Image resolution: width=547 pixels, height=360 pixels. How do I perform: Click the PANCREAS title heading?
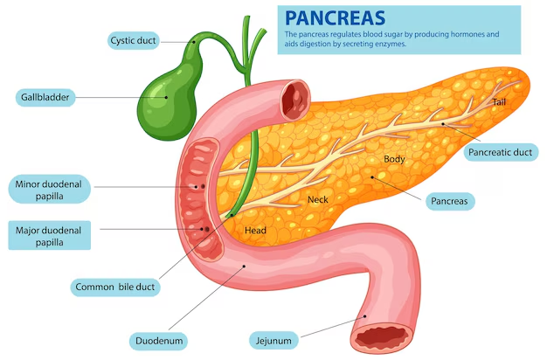click(x=335, y=17)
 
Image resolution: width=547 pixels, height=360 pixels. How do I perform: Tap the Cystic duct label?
click(x=134, y=40)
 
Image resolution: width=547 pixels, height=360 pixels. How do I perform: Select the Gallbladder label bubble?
click(x=45, y=97)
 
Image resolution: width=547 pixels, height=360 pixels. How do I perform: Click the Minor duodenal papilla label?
click(x=49, y=190)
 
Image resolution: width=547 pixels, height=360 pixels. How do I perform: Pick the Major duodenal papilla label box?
click(x=49, y=235)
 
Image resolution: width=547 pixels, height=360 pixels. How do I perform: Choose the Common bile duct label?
click(x=115, y=287)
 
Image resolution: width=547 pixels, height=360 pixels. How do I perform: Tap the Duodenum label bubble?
click(x=159, y=341)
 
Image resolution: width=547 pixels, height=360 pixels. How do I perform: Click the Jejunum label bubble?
click(x=273, y=341)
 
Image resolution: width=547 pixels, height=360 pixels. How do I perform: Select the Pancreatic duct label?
click(x=501, y=152)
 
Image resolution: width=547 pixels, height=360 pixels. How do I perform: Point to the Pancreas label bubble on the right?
click(x=449, y=201)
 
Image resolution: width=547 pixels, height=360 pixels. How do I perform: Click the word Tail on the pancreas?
click(x=499, y=102)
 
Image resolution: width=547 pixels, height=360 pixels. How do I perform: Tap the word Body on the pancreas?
click(x=394, y=159)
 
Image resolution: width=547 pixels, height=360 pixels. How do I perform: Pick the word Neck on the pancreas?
click(x=318, y=199)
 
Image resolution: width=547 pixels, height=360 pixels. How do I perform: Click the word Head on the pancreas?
click(x=255, y=230)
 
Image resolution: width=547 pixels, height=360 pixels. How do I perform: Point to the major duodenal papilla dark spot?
click(x=206, y=229)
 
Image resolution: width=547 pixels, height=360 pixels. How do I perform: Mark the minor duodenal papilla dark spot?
click(x=203, y=187)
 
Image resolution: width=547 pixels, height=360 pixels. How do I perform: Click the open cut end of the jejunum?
click(x=383, y=337)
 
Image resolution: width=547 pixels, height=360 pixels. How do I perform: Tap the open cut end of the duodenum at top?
click(x=296, y=100)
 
